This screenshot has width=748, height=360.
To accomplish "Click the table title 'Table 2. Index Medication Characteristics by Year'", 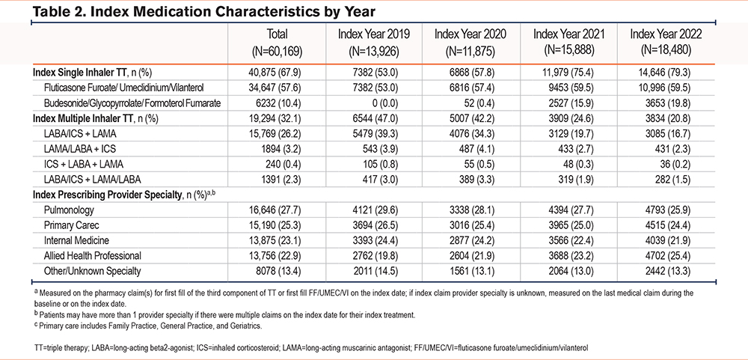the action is pos(203,10).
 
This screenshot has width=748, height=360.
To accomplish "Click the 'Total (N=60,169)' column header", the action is pos(278,42).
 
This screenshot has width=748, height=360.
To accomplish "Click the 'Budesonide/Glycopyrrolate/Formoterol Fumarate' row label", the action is pos(132,103).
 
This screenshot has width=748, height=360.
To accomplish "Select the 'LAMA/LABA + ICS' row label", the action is pos(76,149).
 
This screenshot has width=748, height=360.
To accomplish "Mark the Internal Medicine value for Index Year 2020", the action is pos(479,240).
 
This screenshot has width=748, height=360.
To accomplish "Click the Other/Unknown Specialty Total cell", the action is pos(281,271).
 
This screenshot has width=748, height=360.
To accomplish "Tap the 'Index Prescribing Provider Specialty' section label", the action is pos(113,195).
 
